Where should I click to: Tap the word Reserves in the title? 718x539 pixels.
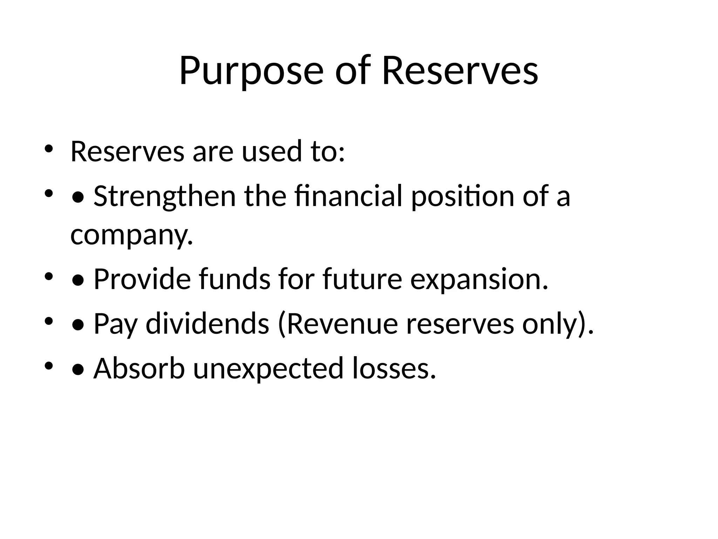pyautogui.click(x=460, y=71)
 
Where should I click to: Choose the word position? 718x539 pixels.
pyautogui.click(x=462, y=197)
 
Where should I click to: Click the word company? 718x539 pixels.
pyautogui.click(x=131, y=235)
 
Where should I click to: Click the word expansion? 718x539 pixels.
pyautogui.click(x=479, y=280)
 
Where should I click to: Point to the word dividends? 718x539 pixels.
pyautogui.click(x=207, y=324)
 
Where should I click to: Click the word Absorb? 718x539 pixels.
pyautogui.click(x=139, y=368)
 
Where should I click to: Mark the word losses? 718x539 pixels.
pyautogui.click(x=394, y=368)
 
